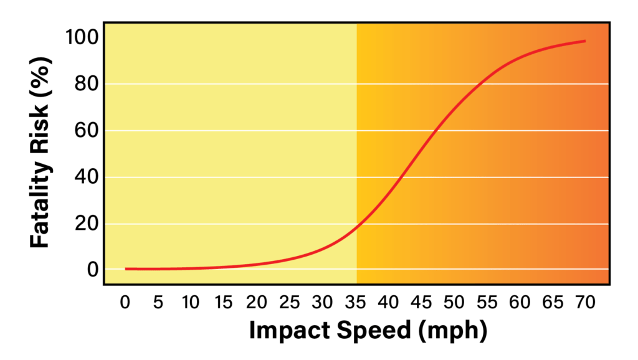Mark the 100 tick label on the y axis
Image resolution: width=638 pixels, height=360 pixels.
click(x=82, y=37)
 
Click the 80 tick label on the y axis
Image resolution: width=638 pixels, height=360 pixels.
click(x=86, y=84)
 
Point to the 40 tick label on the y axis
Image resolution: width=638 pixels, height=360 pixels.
click(x=86, y=177)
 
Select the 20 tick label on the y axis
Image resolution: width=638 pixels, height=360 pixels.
click(x=86, y=224)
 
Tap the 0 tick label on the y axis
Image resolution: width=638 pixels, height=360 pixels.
click(x=92, y=270)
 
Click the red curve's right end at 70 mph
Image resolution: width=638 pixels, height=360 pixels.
click(x=585, y=41)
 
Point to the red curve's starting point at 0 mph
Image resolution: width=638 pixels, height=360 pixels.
click(x=126, y=269)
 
